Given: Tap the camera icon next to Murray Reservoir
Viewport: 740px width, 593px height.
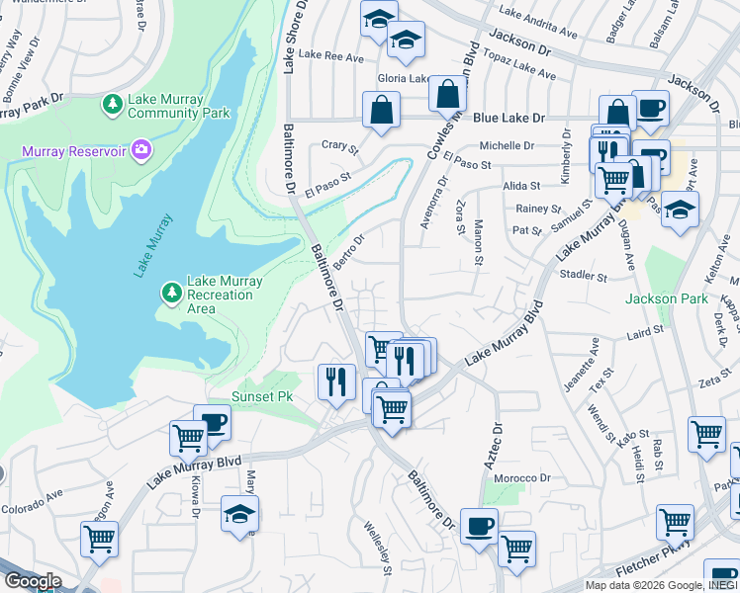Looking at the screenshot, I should [x=141, y=150].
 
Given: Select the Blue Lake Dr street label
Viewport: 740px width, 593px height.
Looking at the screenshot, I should [x=509, y=118].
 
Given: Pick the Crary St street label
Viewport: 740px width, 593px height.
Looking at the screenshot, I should [x=338, y=145].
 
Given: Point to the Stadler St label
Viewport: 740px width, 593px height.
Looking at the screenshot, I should [x=583, y=277].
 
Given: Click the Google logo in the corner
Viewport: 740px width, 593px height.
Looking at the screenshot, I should [x=32, y=581].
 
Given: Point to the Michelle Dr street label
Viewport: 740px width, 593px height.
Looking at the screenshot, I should [x=507, y=144].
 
